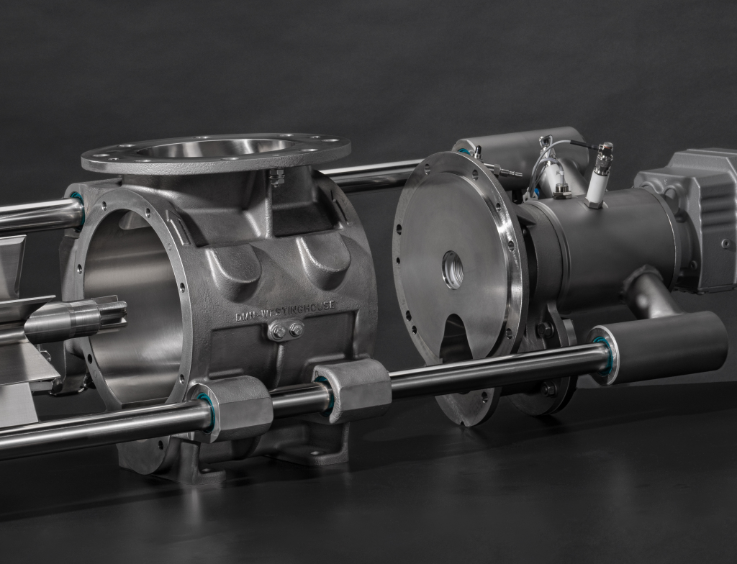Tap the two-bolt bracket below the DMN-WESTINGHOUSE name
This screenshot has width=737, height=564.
pos(286,330)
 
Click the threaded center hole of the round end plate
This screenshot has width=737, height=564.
pos(453,270)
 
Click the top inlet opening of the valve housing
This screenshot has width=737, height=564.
pos(216,147)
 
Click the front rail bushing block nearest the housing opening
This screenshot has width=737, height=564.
pos(232,409)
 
